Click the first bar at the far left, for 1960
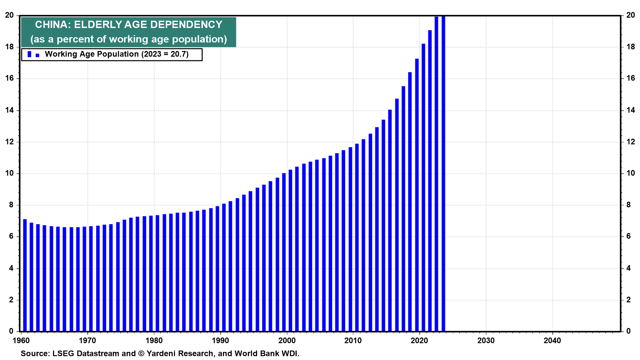(25, 275)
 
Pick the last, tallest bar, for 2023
(443, 173)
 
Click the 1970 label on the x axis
(87, 341)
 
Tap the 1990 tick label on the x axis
(220, 341)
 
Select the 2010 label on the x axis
(353, 341)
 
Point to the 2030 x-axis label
(486, 341)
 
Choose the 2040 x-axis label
(552, 341)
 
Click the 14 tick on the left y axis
(9, 110)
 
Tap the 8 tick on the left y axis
(11, 205)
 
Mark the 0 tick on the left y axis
(11, 331)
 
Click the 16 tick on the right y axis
(631, 78)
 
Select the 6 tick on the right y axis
(629, 236)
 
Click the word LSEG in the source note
(63, 354)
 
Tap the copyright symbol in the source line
(141, 354)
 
